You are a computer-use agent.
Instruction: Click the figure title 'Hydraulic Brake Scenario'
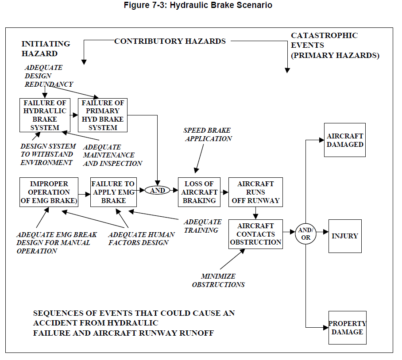tap(201, 5)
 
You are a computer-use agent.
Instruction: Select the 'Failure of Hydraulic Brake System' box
tap(45, 115)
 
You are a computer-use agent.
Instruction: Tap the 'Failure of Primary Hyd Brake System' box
tap(103, 115)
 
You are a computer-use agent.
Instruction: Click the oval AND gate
tap(158, 191)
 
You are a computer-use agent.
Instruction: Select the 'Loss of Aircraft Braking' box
tap(199, 192)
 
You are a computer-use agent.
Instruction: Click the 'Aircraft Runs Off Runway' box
tap(255, 192)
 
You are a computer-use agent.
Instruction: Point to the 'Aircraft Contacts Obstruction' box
tap(255, 234)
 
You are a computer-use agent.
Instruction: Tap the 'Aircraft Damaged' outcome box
tap(345, 140)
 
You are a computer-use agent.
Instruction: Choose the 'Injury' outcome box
tap(345, 236)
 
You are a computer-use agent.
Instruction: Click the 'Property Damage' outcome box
tap(347, 328)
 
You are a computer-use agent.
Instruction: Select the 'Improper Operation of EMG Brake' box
tap(49, 192)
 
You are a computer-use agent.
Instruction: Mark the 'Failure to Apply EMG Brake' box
tap(113, 192)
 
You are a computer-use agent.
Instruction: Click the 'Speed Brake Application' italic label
tap(208, 134)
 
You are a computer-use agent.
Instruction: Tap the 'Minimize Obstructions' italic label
tap(218, 280)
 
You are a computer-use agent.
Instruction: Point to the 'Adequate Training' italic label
tap(202, 226)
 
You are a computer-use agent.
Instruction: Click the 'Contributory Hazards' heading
tap(170, 41)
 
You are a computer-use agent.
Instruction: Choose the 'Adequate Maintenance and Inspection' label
tap(112, 155)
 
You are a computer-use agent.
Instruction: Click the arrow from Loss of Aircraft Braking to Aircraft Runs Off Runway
tap(224, 192)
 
